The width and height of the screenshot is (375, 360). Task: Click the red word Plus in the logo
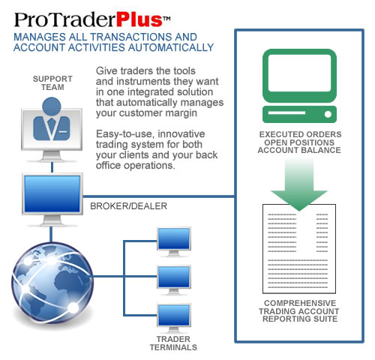tap(139, 19)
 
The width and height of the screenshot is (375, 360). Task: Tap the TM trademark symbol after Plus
tap(166, 19)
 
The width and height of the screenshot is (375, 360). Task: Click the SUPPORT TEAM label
tap(52, 83)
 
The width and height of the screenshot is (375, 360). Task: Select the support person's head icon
tap(52, 106)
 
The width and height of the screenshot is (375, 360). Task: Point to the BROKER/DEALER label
tap(128, 206)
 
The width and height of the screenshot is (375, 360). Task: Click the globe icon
tap(52, 282)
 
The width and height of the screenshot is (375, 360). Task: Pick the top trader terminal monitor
tap(174, 238)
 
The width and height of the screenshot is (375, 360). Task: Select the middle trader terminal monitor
tap(174, 277)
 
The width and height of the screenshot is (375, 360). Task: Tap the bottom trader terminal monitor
tap(174, 315)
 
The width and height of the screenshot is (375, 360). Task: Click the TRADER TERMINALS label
tap(173, 343)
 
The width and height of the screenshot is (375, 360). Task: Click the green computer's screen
tap(299, 73)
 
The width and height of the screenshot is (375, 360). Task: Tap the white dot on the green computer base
tap(328, 115)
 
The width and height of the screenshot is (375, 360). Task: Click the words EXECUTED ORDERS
tap(300, 134)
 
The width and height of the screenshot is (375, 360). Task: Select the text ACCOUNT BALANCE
tap(299, 150)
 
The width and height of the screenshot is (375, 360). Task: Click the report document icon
tap(299, 249)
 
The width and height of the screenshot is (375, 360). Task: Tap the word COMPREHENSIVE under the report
tap(300, 303)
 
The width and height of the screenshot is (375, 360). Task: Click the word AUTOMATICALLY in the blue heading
tap(171, 47)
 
